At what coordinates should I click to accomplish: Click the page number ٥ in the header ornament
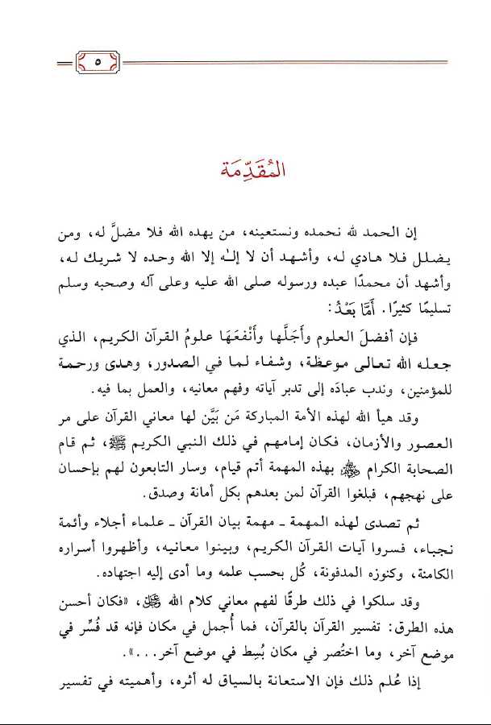[96, 61]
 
